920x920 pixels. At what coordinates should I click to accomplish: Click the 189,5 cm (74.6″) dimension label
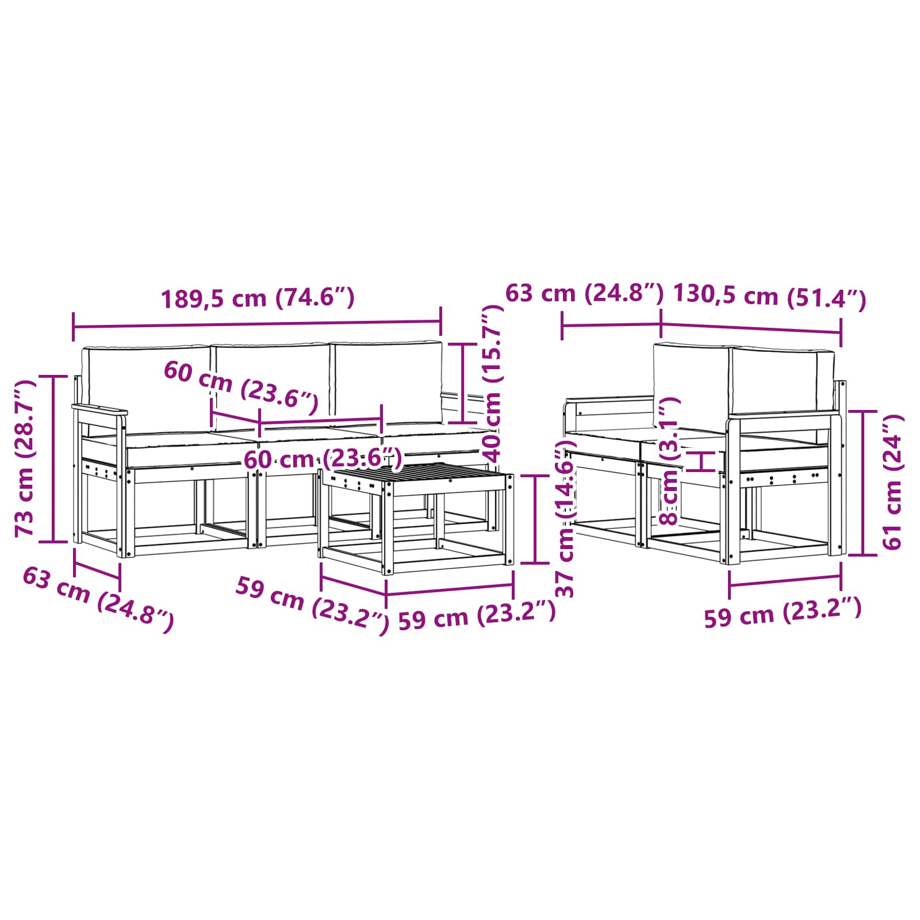(258, 298)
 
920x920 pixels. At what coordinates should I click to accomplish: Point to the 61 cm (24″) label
(892, 482)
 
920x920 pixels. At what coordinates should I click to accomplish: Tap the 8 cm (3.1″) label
(670, 461)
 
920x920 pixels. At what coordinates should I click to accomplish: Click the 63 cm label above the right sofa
(584, 293)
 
